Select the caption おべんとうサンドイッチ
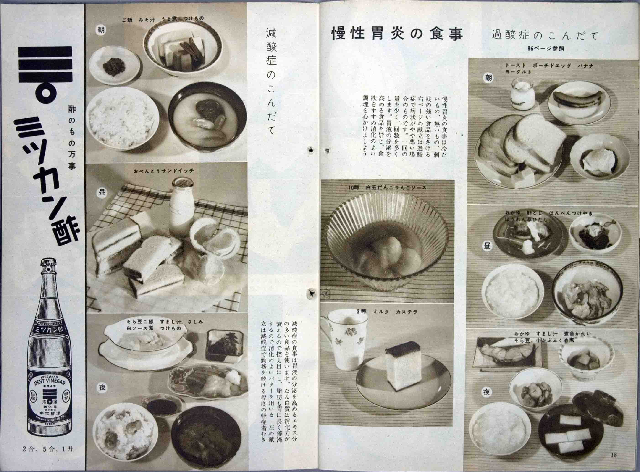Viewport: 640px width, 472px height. coord(163,171)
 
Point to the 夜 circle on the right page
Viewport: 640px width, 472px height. coord(487,393)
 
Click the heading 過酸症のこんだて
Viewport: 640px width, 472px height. coord(545,36)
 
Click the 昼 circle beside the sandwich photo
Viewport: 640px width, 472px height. coord(102,193)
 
